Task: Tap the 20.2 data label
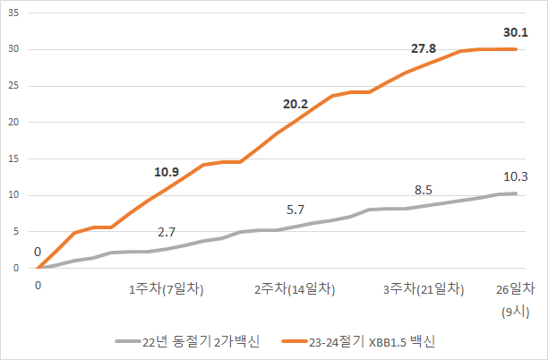295,104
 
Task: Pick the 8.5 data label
424,191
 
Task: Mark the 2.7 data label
167,231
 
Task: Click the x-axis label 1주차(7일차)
167,289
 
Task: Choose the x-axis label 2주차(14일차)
295,289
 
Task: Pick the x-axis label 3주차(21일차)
424,289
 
